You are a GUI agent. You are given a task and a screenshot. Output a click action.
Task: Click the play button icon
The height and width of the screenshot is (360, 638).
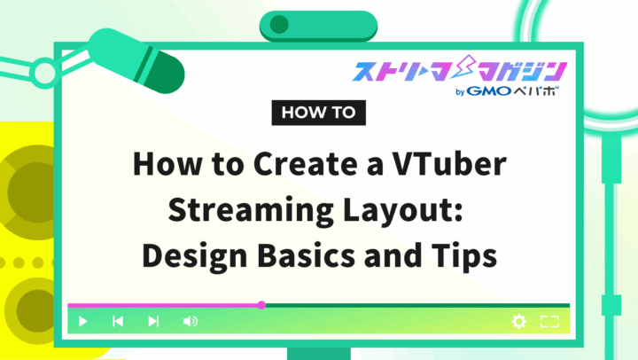82,321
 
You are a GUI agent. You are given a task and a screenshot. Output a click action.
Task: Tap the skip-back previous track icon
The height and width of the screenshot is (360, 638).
118,321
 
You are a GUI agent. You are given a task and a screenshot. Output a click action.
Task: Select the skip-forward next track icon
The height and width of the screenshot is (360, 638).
153,321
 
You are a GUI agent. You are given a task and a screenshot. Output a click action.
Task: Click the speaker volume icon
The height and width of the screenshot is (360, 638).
190,321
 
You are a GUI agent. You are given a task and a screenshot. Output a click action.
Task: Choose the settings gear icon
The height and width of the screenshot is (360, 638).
519,321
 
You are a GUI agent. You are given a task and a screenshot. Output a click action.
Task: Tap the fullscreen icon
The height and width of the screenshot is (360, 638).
549,321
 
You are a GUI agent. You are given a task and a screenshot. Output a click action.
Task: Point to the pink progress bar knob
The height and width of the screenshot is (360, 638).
261,305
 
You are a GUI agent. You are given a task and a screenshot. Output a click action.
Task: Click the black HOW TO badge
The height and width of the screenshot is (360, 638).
317,113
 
